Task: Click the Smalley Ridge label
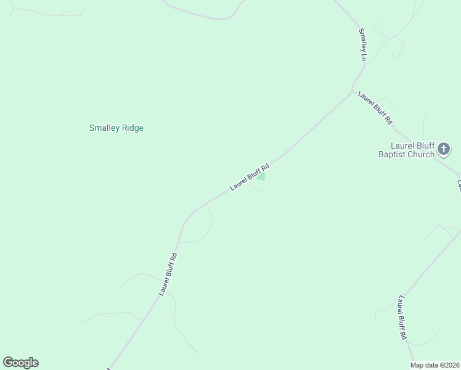[116, 128]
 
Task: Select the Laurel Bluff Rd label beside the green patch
[250, 177]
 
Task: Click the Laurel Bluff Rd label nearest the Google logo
[168, 274]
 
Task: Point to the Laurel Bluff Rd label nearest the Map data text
[402, 318]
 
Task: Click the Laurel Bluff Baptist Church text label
[406, 150]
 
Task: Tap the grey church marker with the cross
[443, 149]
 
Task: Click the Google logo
[20, 363]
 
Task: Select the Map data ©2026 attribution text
[434, 365]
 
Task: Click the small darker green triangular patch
[261, 177]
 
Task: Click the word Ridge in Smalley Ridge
[133, 128]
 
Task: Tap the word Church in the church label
[422, 155]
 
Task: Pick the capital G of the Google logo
[8, 363]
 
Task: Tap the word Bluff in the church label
[421, 146]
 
